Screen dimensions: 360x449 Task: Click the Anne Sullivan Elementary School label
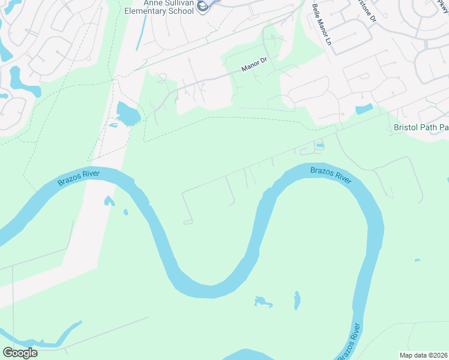pyautogui.click(x=161, y=7)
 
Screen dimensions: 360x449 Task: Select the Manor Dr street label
pyautogui.click(x=253, y=68)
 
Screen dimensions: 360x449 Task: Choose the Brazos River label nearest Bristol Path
pyautogui.click(x=331, y=175)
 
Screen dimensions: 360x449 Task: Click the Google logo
pyautogui.click(x=20, y=353)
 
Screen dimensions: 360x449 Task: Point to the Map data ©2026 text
pyautogui.click(x=423, y=355)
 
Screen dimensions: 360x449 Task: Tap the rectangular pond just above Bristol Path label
pyautogui.click(x=364, y=109)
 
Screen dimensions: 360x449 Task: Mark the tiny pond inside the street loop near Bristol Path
pyautogui.click(x=319, y=145)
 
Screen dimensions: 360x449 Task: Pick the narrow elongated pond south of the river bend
pyautogui.click(x=297, y=301)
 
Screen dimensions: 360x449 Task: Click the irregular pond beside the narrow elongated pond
pyautogui.click(x=262, y=301)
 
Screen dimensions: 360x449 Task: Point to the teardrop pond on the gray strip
pyautogui.click(x=109, y=200)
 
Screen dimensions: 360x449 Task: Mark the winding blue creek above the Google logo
pyautogui.click(x=48, y=337)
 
